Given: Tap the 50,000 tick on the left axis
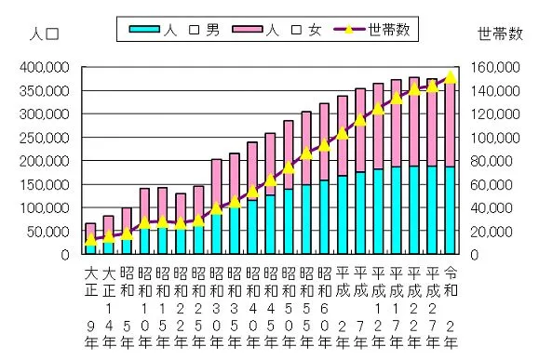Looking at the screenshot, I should point(46,231).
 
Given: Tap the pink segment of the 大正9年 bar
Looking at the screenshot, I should point(90,233).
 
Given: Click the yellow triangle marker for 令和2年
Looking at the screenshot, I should point(451,77).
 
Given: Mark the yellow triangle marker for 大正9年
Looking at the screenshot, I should point(90,239).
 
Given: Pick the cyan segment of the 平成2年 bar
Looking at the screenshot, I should point(343,215).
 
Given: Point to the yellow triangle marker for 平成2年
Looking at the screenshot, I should point(343,133).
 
